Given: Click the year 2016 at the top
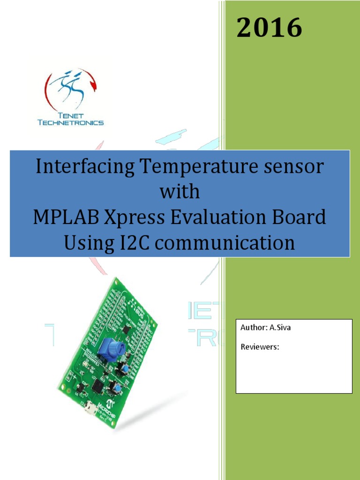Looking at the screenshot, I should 269,28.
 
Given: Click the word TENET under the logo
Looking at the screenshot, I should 70,115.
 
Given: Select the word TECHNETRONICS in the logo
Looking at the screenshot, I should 70,123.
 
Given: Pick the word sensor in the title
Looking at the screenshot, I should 289,167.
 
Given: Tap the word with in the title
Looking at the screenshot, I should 180,192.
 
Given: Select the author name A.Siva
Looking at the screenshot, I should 280,328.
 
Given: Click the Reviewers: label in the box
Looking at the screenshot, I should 260,347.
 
